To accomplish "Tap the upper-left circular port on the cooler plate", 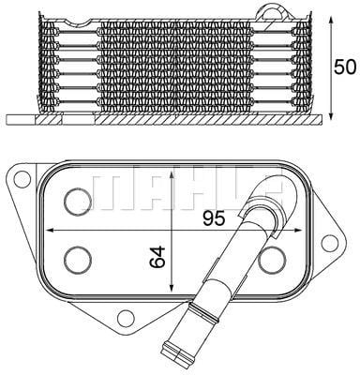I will [76, 200].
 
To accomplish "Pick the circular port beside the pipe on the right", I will [271, 258].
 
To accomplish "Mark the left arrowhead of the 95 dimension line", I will [41, 230].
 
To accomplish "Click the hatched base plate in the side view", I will [169, 120].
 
